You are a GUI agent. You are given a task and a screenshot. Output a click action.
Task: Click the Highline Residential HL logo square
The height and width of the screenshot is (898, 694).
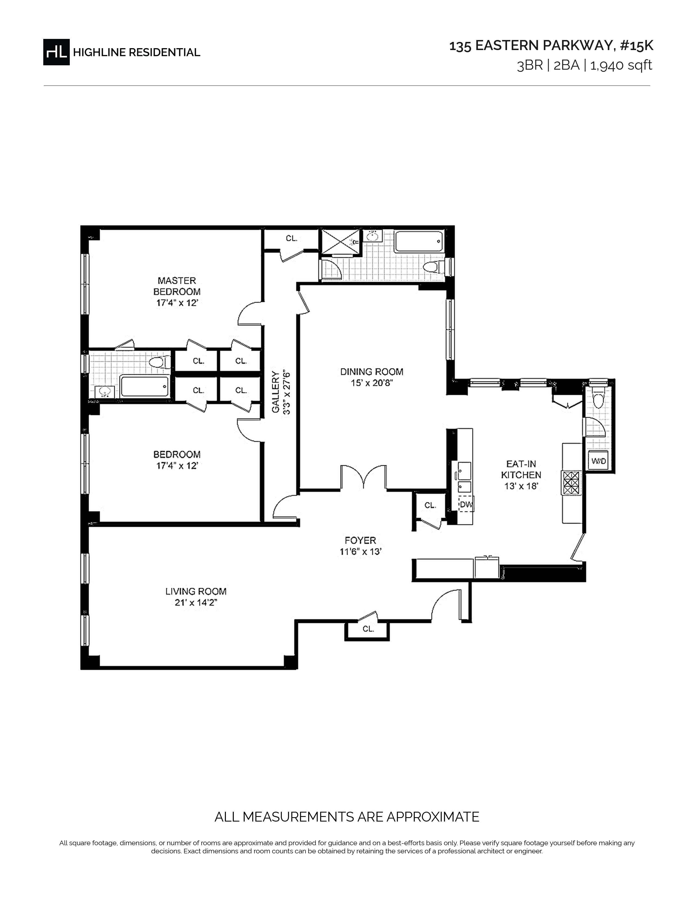pos(56,52)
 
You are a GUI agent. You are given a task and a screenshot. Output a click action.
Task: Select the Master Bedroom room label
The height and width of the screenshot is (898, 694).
pos(177,286)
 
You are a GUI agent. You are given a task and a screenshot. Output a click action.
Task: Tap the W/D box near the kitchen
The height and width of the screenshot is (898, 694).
pos(599,461)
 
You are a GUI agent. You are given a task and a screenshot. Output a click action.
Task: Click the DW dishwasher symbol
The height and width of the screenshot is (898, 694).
pos(466,505)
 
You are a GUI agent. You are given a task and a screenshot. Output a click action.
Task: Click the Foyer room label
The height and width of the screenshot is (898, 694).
pos(360,540)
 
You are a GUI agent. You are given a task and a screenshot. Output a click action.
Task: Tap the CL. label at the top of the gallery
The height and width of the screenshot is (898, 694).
pos(291,238)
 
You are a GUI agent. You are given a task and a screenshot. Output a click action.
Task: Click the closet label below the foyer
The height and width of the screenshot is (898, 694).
pos(369,629)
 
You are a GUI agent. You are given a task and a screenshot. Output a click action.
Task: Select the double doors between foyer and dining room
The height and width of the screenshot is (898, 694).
pos(363,477)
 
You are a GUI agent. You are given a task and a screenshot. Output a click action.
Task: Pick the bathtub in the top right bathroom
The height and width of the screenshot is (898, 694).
pos(419,242)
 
